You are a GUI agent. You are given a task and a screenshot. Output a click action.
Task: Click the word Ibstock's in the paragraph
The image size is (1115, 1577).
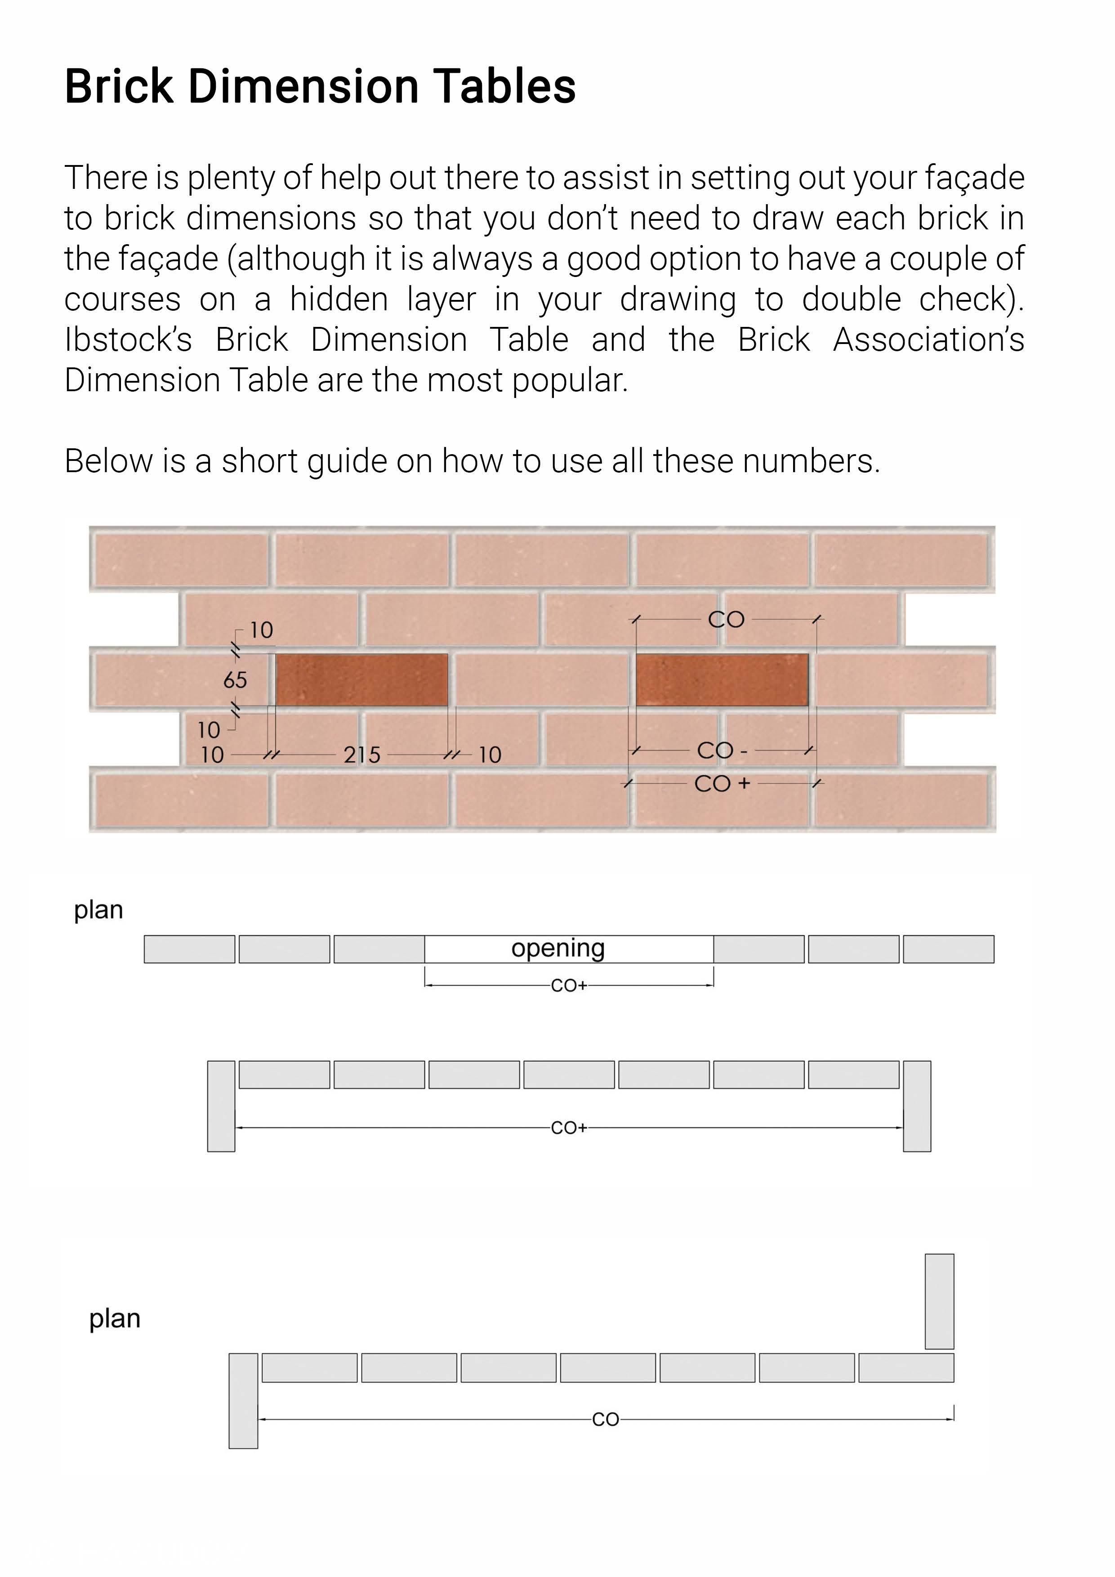[128, 340]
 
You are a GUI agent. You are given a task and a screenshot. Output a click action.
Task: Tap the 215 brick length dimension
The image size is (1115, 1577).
[362, 755]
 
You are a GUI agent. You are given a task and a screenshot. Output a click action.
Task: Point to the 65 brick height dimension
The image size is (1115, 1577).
[235, 680]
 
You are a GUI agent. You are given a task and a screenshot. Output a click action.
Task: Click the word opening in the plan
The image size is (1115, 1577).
[557, 948]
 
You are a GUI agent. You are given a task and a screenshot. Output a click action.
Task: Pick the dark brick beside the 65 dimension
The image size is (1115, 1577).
[362, 679]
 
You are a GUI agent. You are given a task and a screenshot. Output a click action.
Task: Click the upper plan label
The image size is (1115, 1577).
[98, 910]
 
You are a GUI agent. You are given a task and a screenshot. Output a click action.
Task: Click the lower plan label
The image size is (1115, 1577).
[115, 1319]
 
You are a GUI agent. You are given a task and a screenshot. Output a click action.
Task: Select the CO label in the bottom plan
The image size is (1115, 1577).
[606, 1419]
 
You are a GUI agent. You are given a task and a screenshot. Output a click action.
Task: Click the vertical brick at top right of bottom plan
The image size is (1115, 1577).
[939, 1301]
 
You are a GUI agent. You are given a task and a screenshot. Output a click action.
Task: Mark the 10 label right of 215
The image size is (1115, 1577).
[490, 755]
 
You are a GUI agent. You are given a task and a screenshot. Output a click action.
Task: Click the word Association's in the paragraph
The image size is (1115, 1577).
[928, 340]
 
